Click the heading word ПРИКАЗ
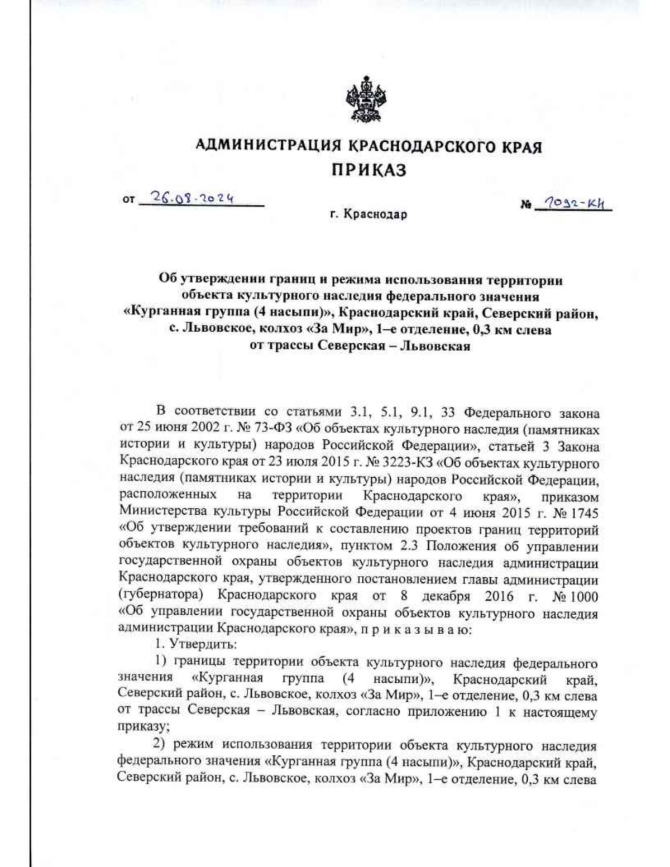point(369,170)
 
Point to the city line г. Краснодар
point(368,214)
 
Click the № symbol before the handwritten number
point(525,205)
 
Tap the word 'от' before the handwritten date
point(129,199)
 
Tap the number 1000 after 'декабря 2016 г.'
point(583,596)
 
